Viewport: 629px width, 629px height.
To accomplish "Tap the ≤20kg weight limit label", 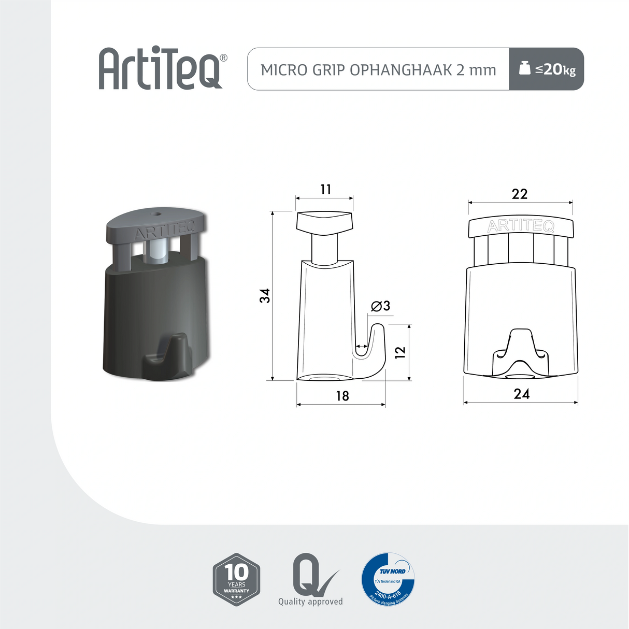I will coord(555,69).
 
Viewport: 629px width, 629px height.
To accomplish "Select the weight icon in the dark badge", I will coord(525,68).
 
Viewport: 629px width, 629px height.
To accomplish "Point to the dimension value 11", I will coord(325,189).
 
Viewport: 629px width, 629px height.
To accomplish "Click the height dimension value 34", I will coord(265,296).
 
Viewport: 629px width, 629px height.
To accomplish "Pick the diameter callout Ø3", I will coord(381,306).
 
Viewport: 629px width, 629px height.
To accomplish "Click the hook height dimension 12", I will coord(400,352).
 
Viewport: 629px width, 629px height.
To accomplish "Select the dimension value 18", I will coord(342,396).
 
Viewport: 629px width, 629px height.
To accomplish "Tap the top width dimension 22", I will coord(519,194).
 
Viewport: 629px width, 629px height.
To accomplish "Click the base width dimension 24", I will coord(521,394).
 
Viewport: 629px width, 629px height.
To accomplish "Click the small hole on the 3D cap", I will coord(155,212).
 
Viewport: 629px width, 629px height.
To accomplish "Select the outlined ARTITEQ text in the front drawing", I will coord(521,226).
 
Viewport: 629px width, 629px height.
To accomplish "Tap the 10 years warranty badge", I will coord(236,579).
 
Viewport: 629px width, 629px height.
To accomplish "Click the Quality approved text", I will coord(310,602).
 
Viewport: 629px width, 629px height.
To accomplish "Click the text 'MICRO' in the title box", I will coord(277,70).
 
